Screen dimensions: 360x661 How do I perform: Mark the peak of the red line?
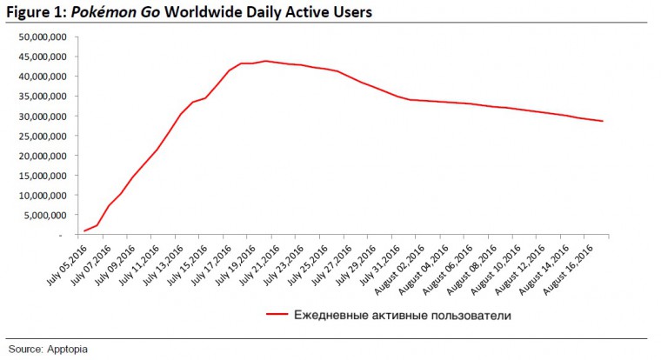coord(265,61)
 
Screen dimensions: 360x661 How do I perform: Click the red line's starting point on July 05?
coord(83,231)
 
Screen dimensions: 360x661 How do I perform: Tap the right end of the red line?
coord(603,121)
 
